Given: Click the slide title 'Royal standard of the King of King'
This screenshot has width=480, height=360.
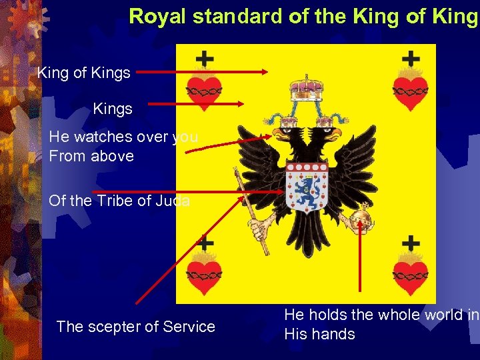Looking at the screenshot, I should coord(303,16).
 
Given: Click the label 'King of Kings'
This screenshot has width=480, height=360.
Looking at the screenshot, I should coord(84,73).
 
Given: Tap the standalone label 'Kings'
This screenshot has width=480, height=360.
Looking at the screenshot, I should coord(113,108).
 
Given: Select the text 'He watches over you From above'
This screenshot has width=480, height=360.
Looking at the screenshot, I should coord(123,147).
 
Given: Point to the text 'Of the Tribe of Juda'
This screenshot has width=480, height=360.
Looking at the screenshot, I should coord(119,201).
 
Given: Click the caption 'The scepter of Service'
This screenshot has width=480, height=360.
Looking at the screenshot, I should coord(136,327).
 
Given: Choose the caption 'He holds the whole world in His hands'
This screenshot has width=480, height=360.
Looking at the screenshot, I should coord(380,324).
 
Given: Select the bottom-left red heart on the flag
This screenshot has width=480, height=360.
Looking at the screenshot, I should coord(203,275).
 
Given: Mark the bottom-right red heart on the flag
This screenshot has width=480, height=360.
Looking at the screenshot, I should coord(410,274).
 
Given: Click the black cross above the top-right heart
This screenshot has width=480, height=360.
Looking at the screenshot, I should coord(411,59).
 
